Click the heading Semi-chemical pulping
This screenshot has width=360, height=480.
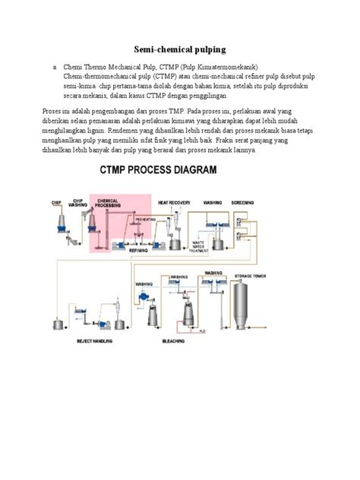coord(179,49)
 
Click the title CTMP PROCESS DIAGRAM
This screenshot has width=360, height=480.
coord(157,172)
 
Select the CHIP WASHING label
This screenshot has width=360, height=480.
coord(77,204)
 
